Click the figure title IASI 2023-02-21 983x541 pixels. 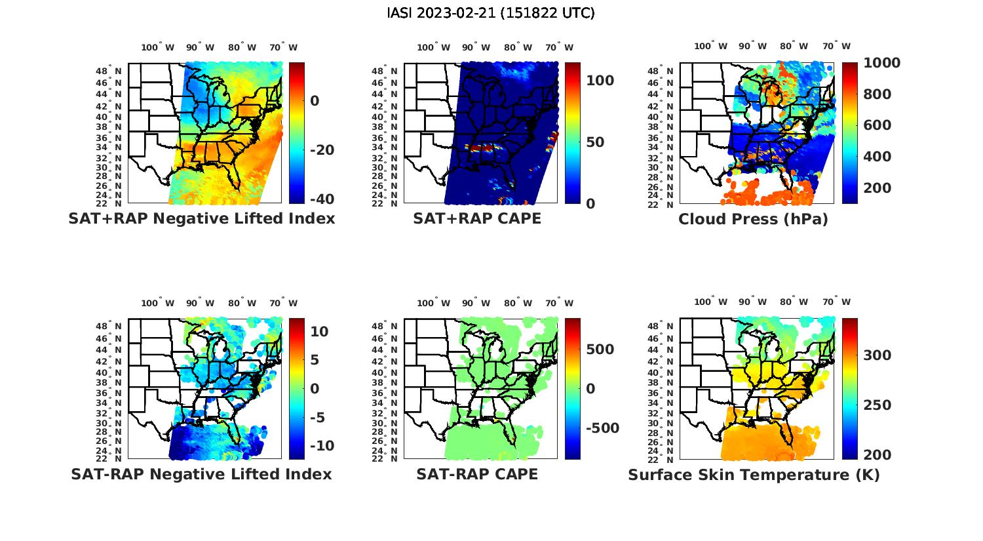491,13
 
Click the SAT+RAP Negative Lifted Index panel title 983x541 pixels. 201,218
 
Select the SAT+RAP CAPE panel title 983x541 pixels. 477,218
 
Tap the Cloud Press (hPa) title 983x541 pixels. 753,219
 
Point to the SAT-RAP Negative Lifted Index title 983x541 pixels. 201,474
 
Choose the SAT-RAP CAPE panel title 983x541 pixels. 477,474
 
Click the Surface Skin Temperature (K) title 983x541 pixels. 754,475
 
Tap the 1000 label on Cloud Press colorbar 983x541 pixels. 881,63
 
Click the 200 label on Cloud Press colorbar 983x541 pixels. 877,188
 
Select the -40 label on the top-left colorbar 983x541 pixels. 322,199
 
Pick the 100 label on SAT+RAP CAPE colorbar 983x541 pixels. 600,81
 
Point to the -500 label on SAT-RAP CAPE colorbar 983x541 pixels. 601,428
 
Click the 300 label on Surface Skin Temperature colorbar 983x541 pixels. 877,355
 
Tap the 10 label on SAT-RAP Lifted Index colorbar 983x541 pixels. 319,332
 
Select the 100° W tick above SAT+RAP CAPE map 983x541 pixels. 434,47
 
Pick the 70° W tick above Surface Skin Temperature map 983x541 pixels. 837,302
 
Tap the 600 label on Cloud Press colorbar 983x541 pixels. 877,125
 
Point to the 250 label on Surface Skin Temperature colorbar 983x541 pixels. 877,405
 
